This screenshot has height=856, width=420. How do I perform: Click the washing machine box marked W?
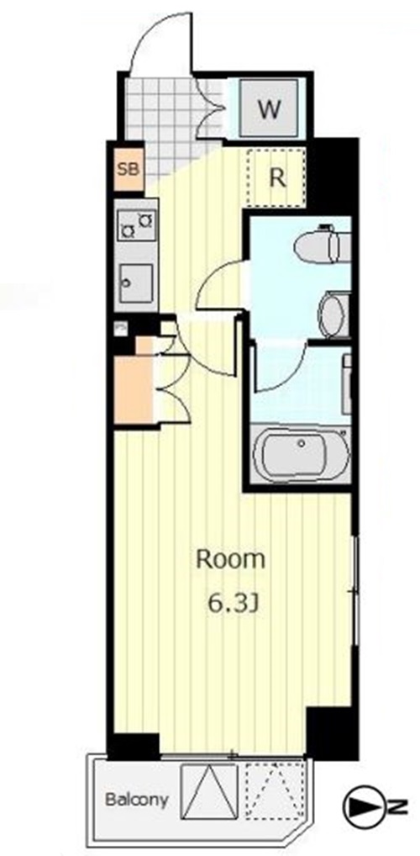269,108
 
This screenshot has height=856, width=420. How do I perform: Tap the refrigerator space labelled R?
276,177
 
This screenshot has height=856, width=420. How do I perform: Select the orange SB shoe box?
129,169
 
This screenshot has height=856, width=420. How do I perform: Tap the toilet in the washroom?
321,246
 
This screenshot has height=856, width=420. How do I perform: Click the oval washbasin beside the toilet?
333,314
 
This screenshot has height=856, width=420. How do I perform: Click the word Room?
230,558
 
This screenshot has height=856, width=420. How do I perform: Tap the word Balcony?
136,801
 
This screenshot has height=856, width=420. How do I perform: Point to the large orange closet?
134,390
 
